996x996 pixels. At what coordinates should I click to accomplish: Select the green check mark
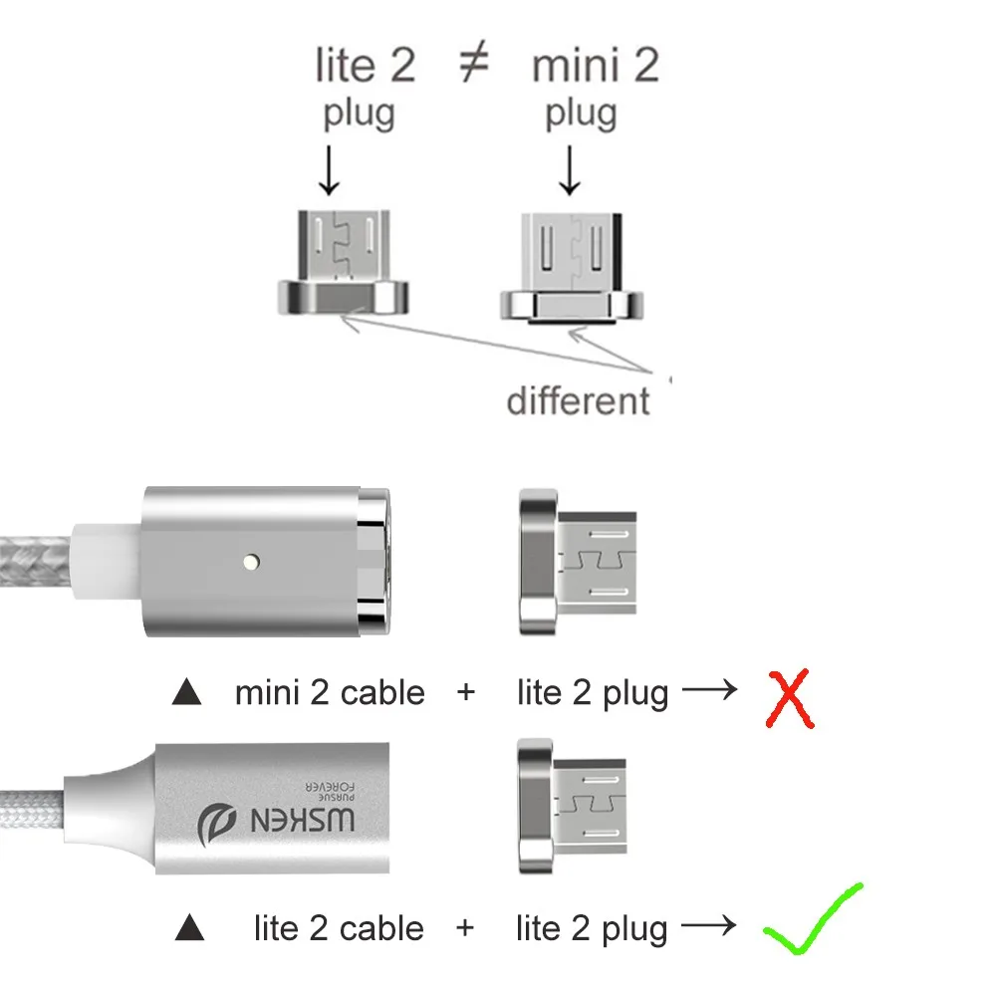coord(812,920)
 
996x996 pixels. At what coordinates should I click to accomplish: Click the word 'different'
coord(578,400)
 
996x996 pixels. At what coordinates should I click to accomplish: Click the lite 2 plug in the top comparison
coord(342,261)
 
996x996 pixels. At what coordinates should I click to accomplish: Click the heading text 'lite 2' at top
coord(365,67)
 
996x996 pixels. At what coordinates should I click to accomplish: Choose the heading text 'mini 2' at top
coord(596,67)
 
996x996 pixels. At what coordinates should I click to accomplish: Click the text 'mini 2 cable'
coord(330,692)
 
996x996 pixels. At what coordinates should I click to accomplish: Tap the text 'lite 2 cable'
coord(339,929)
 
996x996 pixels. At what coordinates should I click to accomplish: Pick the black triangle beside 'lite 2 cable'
coord(189,930)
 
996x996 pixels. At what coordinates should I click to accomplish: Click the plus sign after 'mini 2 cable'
coord(466,692)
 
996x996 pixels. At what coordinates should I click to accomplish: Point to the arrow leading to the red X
coord(710,689)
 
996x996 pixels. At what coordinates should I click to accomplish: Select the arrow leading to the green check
coord(710,926)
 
